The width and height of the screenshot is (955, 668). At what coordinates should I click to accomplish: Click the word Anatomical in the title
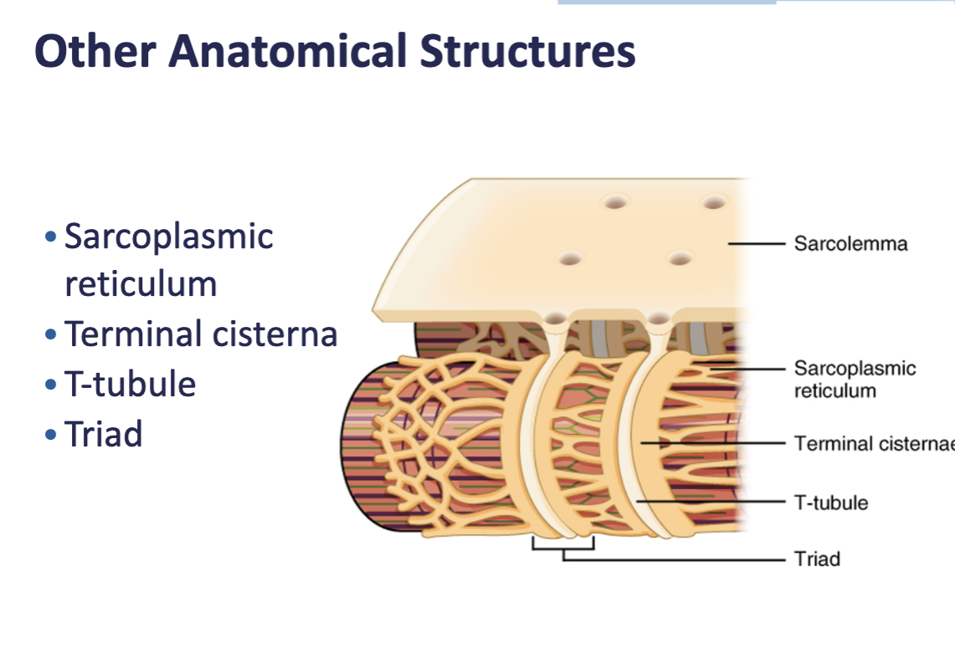288,52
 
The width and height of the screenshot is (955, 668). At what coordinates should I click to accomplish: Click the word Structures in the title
527,52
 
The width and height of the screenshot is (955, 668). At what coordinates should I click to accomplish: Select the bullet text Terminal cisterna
201,334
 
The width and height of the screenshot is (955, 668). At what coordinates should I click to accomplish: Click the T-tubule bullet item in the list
130,385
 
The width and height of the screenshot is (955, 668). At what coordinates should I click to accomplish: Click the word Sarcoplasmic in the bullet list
169,237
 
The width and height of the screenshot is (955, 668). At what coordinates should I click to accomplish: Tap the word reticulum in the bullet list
141,284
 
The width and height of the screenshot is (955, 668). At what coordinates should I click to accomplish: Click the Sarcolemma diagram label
850,244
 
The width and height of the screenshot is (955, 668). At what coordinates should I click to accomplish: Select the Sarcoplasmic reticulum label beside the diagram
855,380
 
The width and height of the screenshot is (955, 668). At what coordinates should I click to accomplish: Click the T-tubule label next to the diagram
831,502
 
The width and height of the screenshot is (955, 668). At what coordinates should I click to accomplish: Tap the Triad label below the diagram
817,558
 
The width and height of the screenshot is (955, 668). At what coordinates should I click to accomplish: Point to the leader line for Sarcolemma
757,244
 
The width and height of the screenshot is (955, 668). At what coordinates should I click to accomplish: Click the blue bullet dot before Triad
52,436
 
